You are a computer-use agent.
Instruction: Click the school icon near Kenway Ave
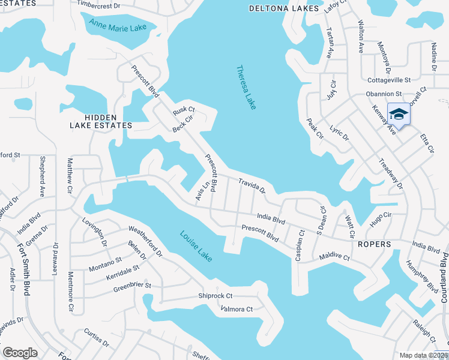398,113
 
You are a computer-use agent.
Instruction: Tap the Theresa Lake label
246,87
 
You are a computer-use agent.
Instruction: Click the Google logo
20,353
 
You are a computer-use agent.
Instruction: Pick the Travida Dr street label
252,185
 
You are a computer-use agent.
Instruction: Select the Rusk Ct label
184,110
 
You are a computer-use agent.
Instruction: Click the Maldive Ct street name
334,256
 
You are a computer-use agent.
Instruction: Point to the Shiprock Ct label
215,296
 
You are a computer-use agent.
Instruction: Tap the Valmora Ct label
237,310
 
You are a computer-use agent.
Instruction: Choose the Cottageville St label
389,79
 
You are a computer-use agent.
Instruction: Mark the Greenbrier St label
132,287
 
